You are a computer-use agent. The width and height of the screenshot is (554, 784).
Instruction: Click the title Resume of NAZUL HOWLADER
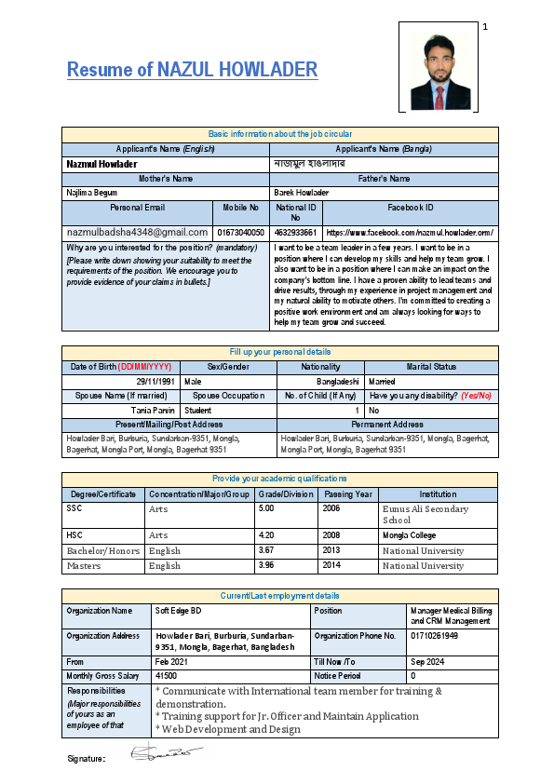pos(192,70)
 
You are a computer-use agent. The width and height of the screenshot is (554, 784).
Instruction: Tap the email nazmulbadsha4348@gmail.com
pos(137,232)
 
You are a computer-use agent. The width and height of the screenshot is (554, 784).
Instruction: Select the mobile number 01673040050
pos(240,232)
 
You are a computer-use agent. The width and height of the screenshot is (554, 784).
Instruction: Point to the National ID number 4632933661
pos(296,232)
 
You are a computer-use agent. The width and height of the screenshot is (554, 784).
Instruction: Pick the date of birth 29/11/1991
pos(154,382)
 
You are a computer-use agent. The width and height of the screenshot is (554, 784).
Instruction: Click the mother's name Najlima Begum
pos(92,192)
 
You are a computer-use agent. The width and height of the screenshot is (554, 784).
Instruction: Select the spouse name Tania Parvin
pos(154,410)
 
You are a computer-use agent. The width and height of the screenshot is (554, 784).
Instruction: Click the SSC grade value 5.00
pos(268,509)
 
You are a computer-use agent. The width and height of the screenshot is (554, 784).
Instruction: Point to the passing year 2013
pos(331,550)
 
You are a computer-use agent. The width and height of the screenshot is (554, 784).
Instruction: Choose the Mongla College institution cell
pos(409,535)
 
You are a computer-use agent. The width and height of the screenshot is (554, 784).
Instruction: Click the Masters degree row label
pos(84,565)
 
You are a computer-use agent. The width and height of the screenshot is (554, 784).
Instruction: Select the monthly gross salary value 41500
pos(167,676)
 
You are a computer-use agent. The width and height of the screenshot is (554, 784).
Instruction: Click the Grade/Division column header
pos(287,494)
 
